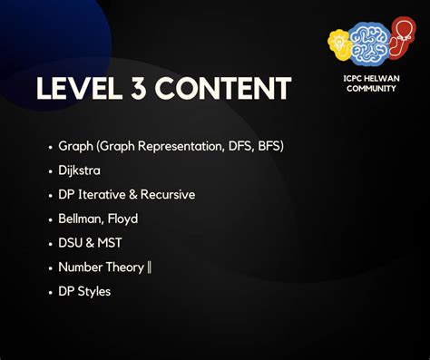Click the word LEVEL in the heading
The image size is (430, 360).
[x=79, y=89]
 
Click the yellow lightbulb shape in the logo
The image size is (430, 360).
[x=338, y=41]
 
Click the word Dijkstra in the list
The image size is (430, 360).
[x=80, y=170]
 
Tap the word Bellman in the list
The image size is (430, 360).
[x=80, y=219]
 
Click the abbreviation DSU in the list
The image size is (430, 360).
[x=70, y=243]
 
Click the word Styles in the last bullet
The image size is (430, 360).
[x=93, y=292]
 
